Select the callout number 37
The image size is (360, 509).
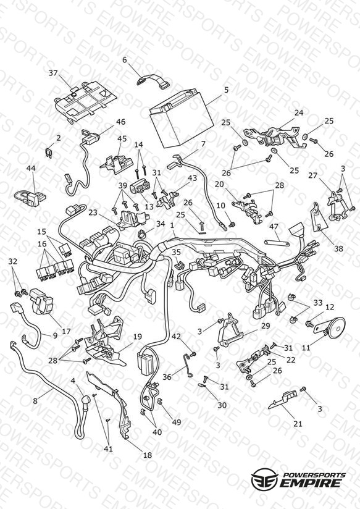pyautogui.click(x=53, y=73)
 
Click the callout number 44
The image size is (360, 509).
pyautogui.click(x=31, y=168)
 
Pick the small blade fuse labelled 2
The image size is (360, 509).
pyautogui.click(x=48, y=152)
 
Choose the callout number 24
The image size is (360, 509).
pyautogui.click(x=299, y=112)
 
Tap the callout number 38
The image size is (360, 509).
pyautogui.click(x=338, y=249)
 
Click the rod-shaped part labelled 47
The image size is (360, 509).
pyautogui.click(x=277, y=243)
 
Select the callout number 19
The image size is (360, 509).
pyautogui.click(x=138, y=337)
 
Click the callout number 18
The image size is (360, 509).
pyautogui.click(x=148, y=455)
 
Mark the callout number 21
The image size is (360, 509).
pyautogui.click(x=298, y=423)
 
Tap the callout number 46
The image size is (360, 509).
pyautogui.click(x=120, y=122)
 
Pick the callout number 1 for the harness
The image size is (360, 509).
pyautogui.click(x=172, y=225)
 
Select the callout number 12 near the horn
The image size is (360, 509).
pyautogui.click(x=330, y=307)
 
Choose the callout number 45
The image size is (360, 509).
pyautogui.click(x=122, y=138)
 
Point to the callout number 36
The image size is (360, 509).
pyautogui.click(x=167, y=377)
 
